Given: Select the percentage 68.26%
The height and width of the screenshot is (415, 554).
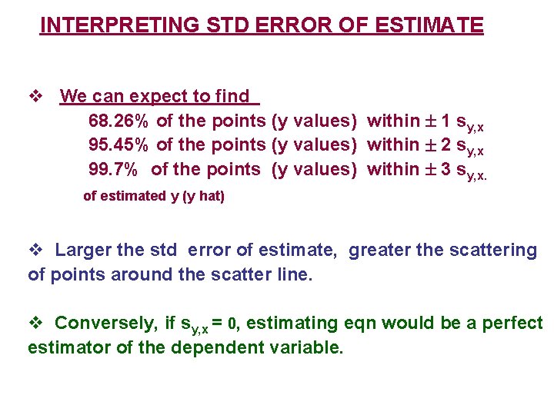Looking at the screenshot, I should point(119,121).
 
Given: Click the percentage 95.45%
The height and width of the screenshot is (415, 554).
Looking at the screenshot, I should point(119,144).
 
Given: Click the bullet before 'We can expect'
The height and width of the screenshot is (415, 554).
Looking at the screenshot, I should point(35,97).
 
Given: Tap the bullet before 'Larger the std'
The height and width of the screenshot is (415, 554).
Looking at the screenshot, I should point(35,250).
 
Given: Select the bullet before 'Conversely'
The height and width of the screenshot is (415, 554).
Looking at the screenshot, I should point(35,323).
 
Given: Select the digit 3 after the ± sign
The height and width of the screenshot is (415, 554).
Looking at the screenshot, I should point(446,168).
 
